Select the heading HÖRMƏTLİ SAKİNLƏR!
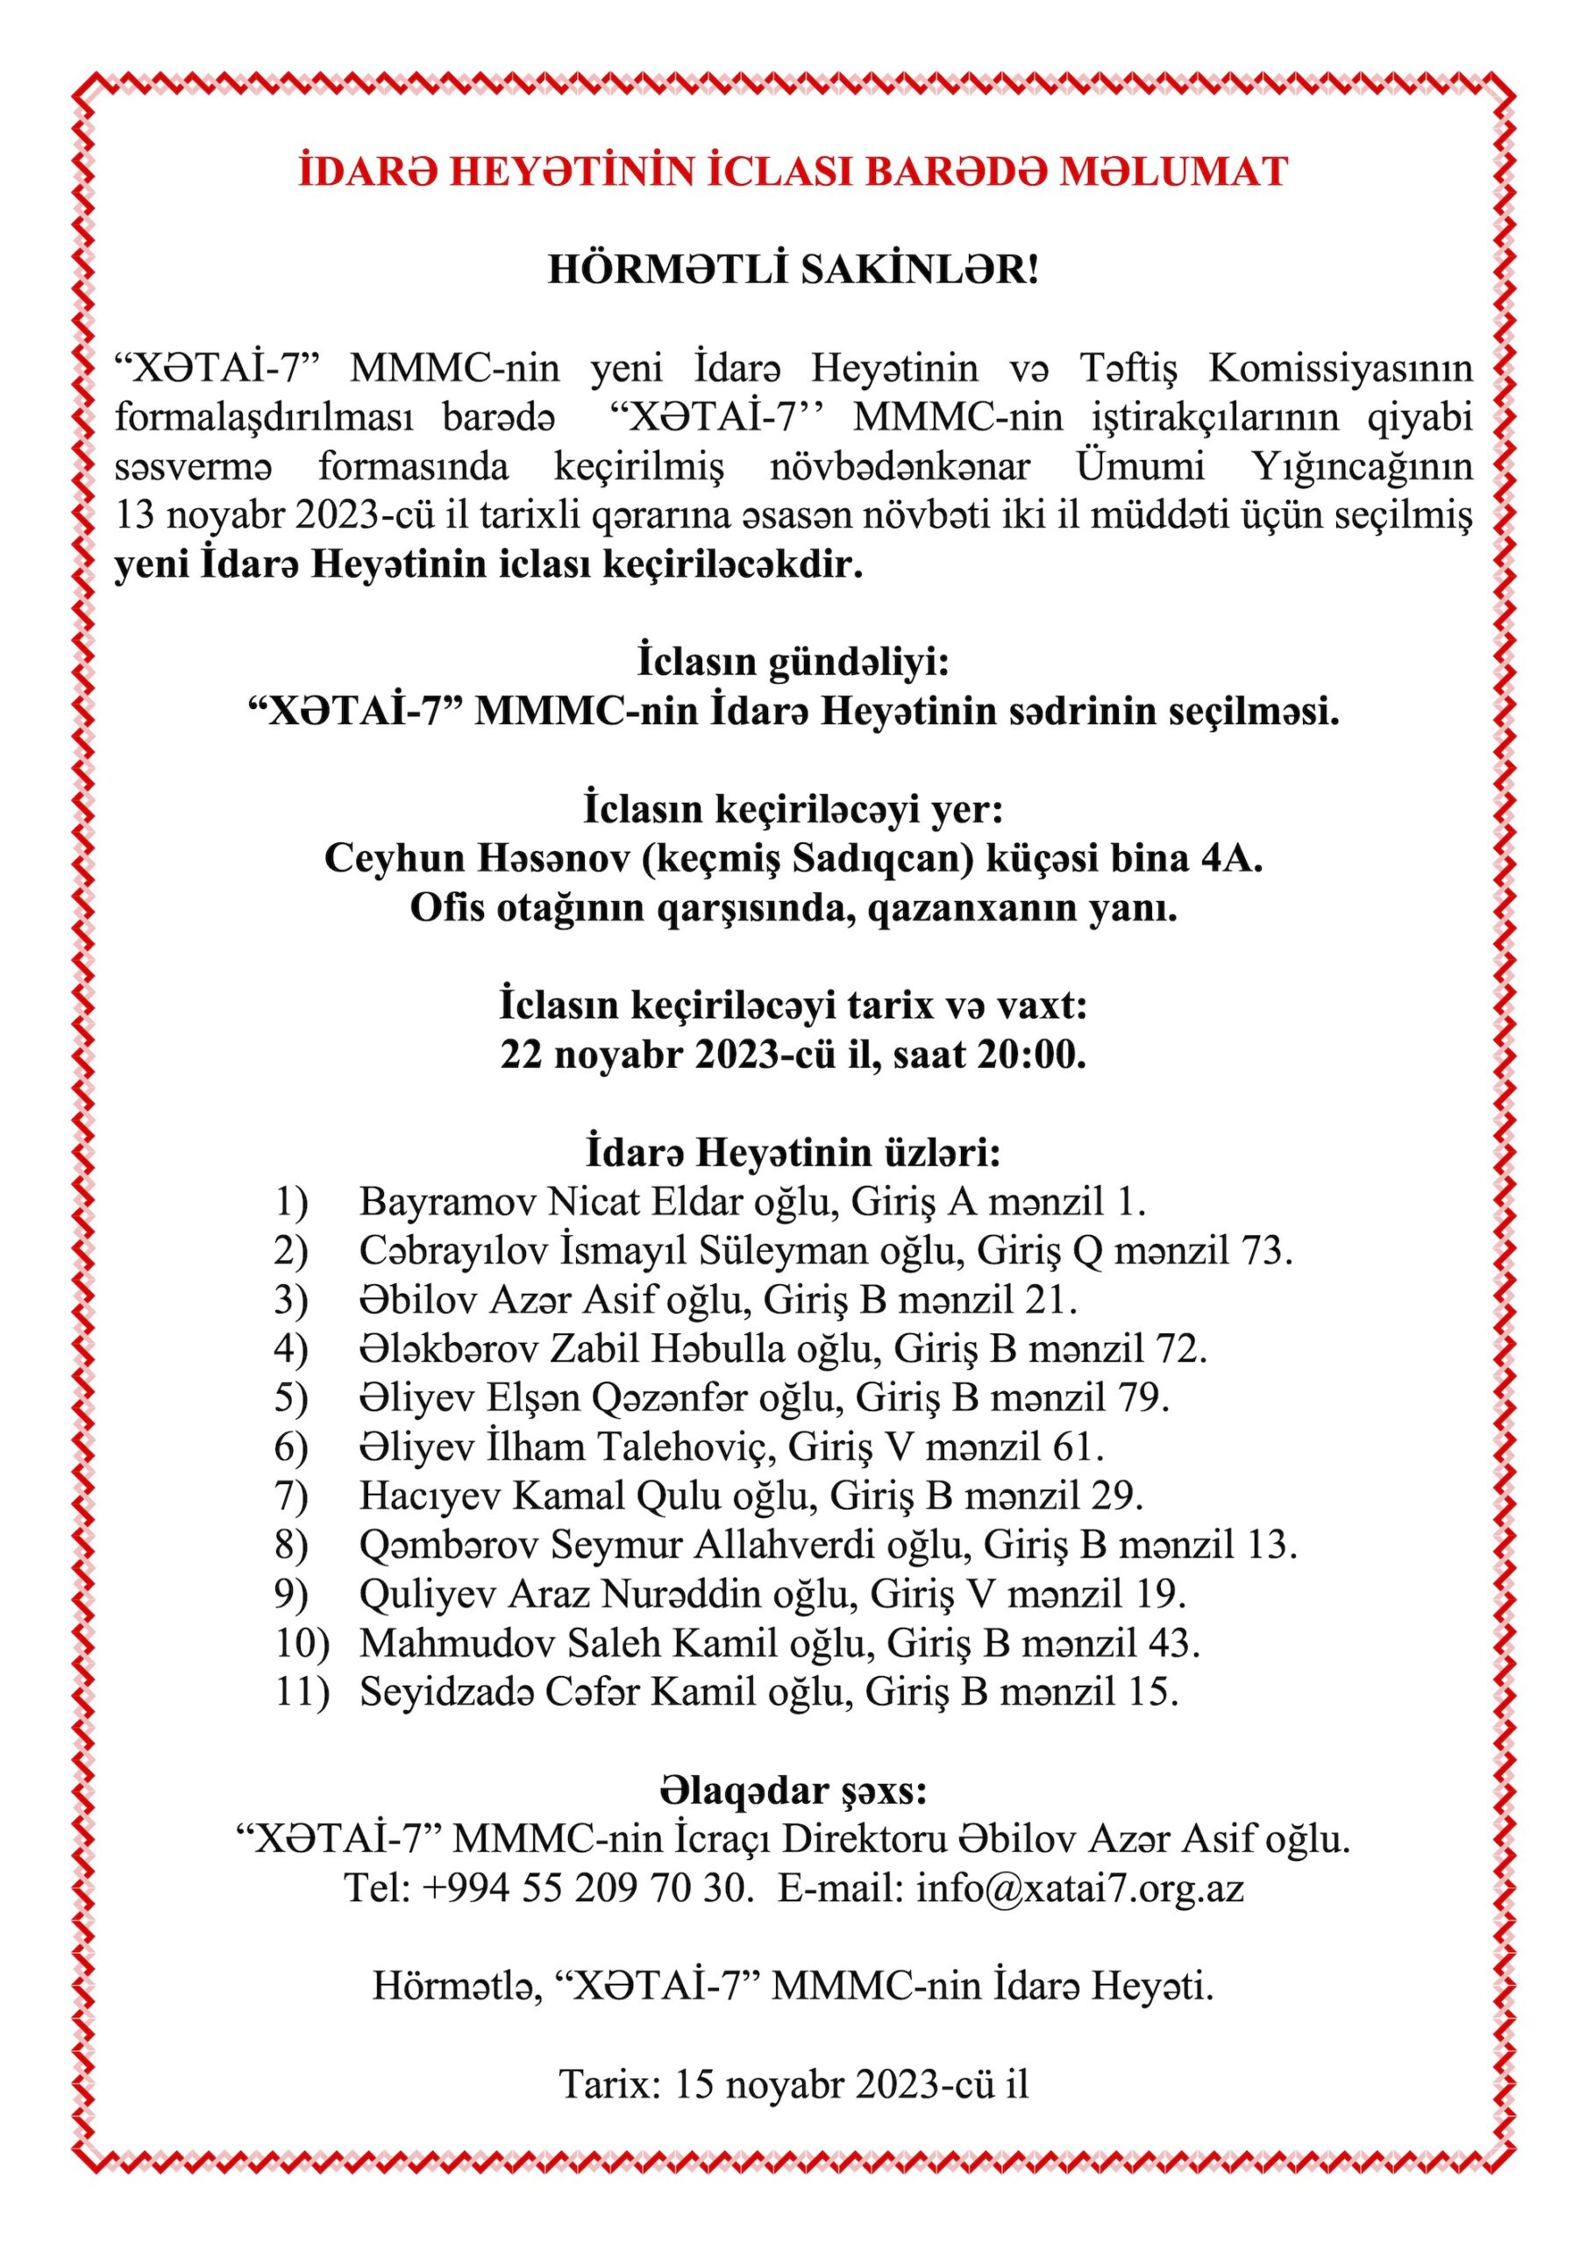coord(793,270)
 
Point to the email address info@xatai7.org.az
coord(1079,1887)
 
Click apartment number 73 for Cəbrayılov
coord(1263,1251)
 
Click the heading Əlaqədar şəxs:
coord(793,1792)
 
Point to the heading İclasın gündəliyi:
coord(793,662)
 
